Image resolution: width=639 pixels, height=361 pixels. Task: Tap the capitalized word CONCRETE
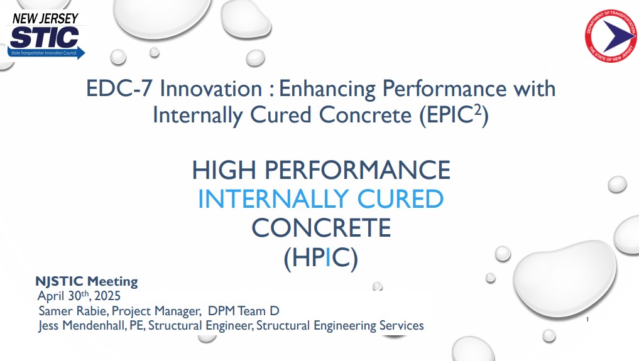pyautogui.click(x=321, y=228)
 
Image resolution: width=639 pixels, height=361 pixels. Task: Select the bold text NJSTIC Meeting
pyautogui.click(x=87, y=281)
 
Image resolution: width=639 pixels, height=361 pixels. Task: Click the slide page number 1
pyautogui.click(x=586, y=320)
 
